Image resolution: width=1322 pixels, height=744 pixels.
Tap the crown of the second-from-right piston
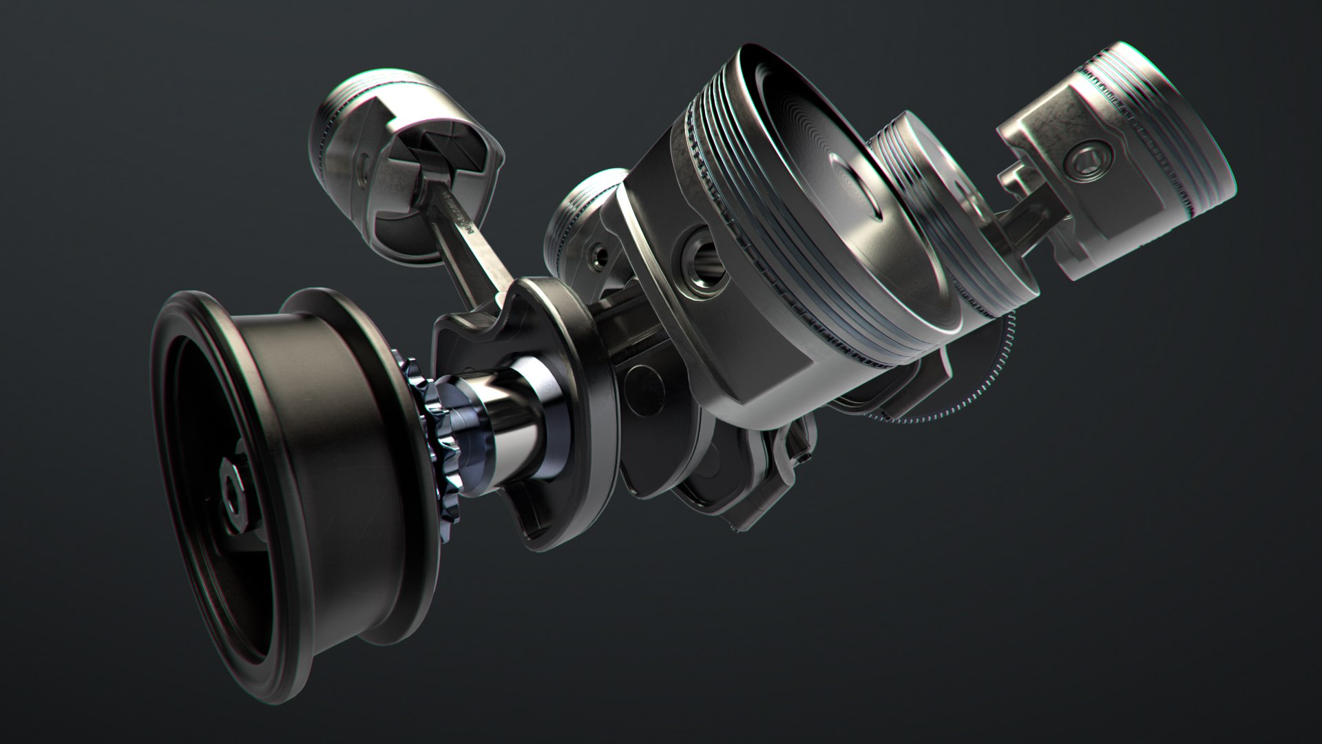916,186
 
